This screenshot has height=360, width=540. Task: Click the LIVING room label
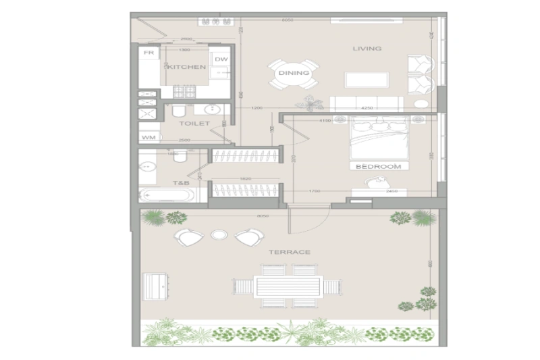(x=367, y=49)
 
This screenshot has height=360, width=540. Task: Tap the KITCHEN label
(x=186, y=68)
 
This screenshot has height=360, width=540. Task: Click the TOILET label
(x=194, y=124)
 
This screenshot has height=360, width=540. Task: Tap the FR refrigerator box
(x=149, y=53)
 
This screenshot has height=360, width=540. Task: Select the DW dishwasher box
(x=221, y=59)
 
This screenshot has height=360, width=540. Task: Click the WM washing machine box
(x=148, y=138)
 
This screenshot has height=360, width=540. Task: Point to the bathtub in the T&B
(x=167, y=195)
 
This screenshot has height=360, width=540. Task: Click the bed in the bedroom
(x=380, y=140)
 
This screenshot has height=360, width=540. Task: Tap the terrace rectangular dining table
(x=287, y=286)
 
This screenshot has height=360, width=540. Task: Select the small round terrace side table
(x=219, y=236)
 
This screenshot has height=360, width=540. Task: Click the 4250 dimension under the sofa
(x=367, y=108)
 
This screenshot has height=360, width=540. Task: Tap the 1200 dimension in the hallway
(x=256, y=108)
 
